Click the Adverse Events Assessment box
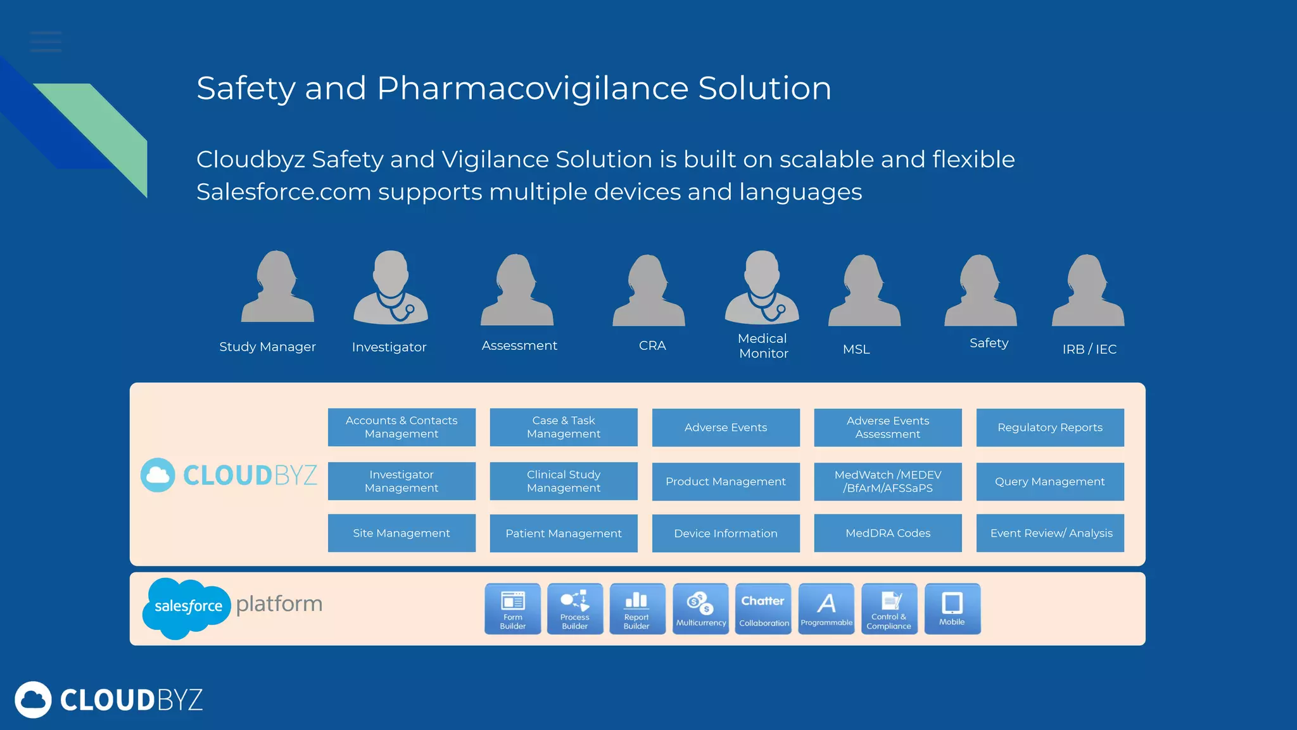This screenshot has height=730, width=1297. point(887,427)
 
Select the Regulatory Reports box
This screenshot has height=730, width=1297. point(1049,427)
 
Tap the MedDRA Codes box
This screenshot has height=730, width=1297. point(887,533)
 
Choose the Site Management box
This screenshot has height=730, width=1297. point(401,533)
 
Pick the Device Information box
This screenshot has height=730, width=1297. point(725,533)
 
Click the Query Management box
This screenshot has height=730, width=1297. point(1049,482)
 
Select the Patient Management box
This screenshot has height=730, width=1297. point(563,533)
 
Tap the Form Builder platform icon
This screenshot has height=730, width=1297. point(512,608)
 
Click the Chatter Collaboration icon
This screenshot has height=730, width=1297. point(763,608)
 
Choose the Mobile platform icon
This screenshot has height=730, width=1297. point(952,608)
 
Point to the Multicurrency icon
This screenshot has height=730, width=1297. point(700,608)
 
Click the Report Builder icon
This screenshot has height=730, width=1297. point(636,608)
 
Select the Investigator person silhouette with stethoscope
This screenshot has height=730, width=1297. point(390,288)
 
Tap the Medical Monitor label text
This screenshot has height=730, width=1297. point(763,346)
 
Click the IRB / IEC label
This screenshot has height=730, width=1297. point(1089,349)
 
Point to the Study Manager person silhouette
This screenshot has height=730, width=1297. point(277,288)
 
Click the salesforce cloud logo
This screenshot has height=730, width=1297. point(187,607)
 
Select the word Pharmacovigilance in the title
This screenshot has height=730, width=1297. point(533,88)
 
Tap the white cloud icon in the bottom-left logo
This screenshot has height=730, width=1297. point(33,700)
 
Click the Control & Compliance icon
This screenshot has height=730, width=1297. point(889,608)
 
